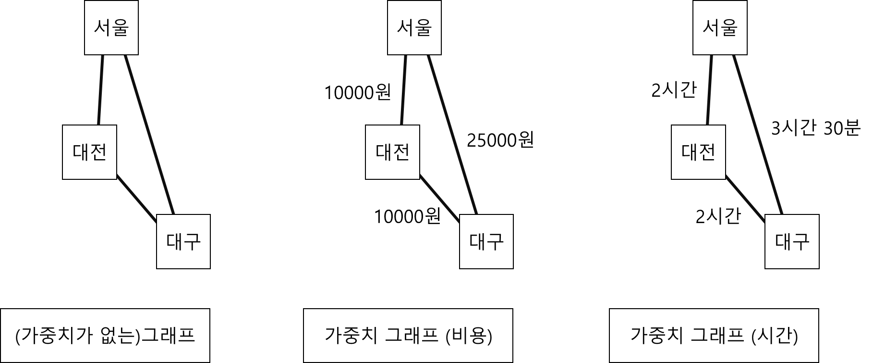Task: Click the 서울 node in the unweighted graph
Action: [111, 28]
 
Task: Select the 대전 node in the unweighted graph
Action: [90, 152]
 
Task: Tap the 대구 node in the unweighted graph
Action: [183, 241]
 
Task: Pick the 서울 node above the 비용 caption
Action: [414, 28]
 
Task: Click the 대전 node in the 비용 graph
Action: [392, 152]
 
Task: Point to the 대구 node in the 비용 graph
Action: [486, 241]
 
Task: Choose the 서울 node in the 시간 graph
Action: [720, 28]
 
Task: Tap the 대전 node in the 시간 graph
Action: [698, 152]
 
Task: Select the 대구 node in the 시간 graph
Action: [792, 241]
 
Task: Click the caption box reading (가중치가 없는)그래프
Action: [105, 336]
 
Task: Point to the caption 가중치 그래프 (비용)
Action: [408, 336]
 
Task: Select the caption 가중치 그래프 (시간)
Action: [714, 336]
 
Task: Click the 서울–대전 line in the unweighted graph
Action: [101, 90]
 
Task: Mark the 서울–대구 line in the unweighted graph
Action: [149, 135]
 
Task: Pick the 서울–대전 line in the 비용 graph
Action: [404, 90]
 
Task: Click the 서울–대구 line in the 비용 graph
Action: [452, 135]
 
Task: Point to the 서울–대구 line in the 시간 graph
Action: [757, 135]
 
